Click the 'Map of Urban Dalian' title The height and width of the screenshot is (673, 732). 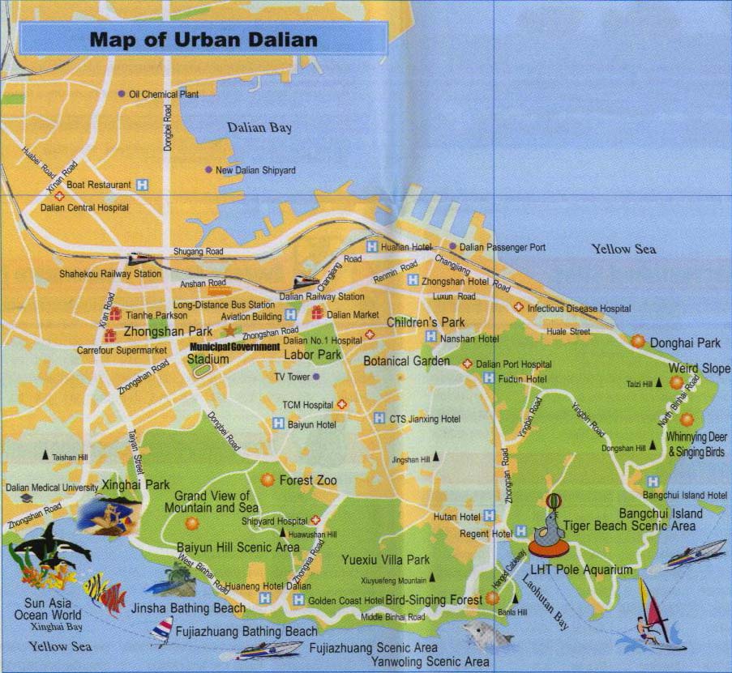(x=203, y=40)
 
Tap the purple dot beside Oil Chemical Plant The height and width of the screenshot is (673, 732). (x=122, y=94)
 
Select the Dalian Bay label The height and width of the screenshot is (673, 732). (x=259, y=128)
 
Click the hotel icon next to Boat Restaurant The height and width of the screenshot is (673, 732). (x=143, y=185)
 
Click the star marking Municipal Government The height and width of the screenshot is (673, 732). (x=229, y=330)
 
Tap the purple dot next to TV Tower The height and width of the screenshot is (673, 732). (x=316, y=377)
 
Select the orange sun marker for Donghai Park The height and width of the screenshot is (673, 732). (x=638, y=342)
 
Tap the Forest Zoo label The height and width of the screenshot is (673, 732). (x=307, y=480)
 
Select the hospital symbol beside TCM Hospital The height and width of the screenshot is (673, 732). (x=342, y=404)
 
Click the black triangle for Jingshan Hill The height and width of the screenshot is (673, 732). (x=436, y=457)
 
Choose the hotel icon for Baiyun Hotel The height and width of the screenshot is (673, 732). (x=278, y=423)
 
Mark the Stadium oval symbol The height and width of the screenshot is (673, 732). (x=203, y=369)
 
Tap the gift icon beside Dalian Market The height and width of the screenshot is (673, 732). (x=317, y=313)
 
